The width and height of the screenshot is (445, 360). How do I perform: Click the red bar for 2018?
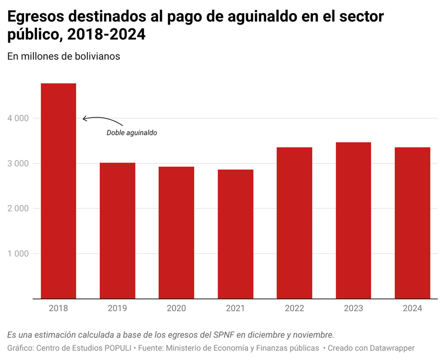(58, 191)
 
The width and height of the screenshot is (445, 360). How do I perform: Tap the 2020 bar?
(176, 232)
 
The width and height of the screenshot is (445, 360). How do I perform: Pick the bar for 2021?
(236, 234)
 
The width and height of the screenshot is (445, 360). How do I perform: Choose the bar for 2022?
(294, 223)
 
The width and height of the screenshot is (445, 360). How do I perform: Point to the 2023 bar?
(354, 220)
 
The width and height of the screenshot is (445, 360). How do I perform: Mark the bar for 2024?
(412, 223)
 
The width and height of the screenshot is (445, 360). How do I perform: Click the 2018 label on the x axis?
(58, 308)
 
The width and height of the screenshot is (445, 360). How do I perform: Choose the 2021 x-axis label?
(236, 308)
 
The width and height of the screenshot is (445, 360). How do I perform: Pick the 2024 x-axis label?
(412, 308)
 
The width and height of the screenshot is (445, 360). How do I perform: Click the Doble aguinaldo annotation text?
(132, 133)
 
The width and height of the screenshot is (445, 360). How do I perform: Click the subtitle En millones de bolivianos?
(64, 56)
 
